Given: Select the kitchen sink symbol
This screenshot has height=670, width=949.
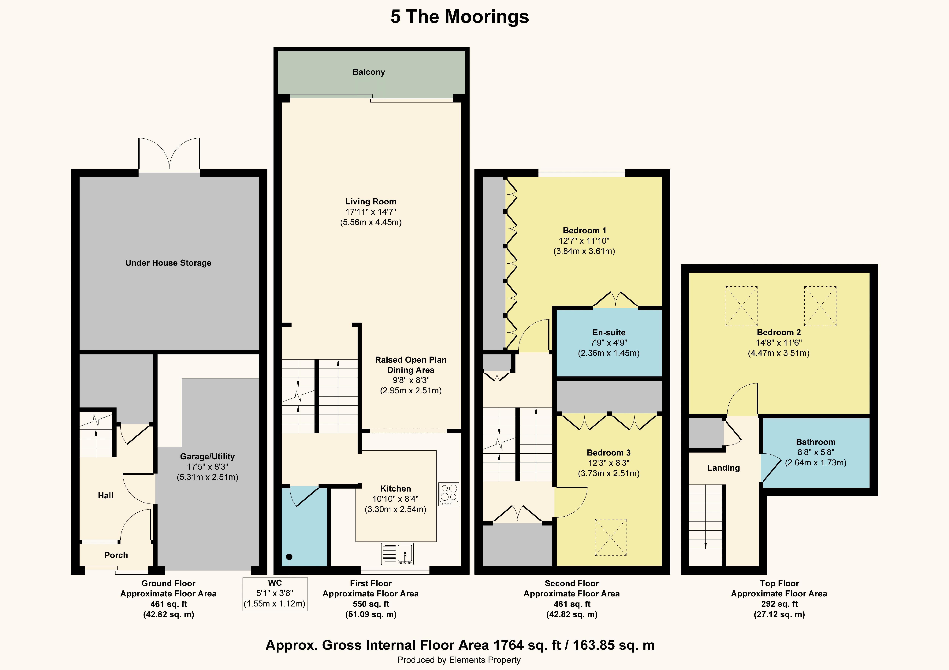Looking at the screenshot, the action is (x=397, y=554).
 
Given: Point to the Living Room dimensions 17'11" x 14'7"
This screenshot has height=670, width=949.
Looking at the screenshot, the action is (x=371, y=212).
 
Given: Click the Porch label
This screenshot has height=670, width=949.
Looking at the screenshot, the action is (x=116, y=555).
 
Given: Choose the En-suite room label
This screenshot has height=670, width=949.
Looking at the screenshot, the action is (x=609, y=332).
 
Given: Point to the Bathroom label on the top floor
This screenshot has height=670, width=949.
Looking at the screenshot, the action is (x=816, y=442).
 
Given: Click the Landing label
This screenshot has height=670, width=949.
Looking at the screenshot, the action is (x=723, y=468).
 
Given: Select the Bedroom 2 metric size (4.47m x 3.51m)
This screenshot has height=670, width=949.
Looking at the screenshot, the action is (x=779, y=353).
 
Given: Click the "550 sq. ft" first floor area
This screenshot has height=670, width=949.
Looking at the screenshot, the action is (x=371, y=604).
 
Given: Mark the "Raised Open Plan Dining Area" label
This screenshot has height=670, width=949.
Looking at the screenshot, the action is (x=411, y=365).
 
